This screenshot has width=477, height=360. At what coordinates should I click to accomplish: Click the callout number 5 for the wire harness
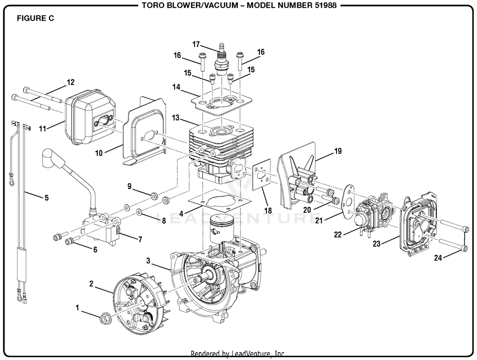46,198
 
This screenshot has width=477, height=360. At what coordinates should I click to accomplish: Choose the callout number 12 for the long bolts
70,83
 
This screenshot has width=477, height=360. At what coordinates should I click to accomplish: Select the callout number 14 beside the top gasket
177,86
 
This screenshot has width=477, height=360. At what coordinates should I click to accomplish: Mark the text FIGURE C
35,18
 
